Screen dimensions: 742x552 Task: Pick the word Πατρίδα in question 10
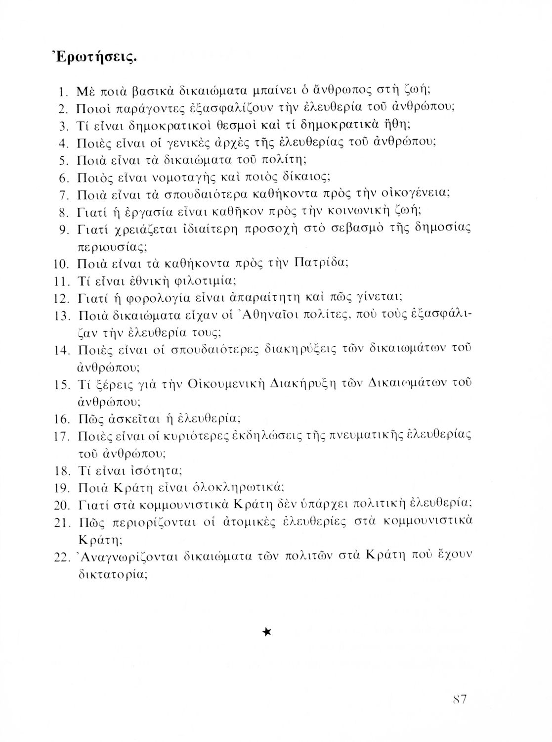coord(321,263)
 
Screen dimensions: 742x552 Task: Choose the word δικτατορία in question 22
coord(113,574)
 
